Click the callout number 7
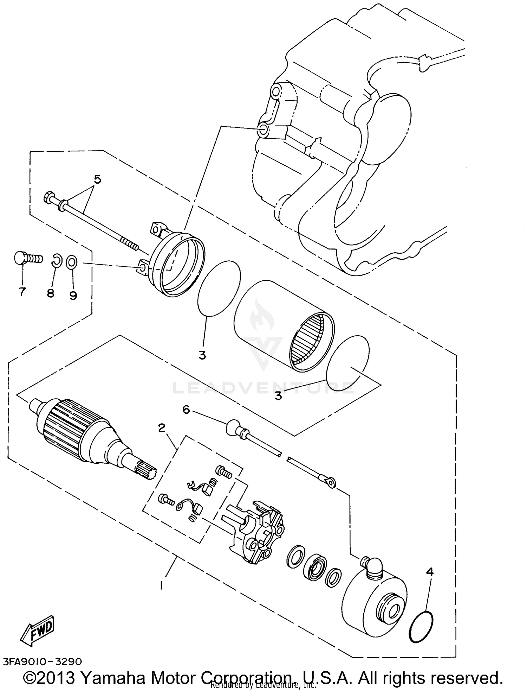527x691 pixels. tap(22, 292)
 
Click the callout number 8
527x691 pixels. tap(51, 293)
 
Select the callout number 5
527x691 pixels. tap(97, 179)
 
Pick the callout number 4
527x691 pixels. tap(429, 572)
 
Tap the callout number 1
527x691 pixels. tap(161, 586)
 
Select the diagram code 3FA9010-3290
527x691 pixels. tap(43, 661)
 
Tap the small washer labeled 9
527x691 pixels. tap(71, 262)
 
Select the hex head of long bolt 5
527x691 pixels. tap(48, 197)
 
